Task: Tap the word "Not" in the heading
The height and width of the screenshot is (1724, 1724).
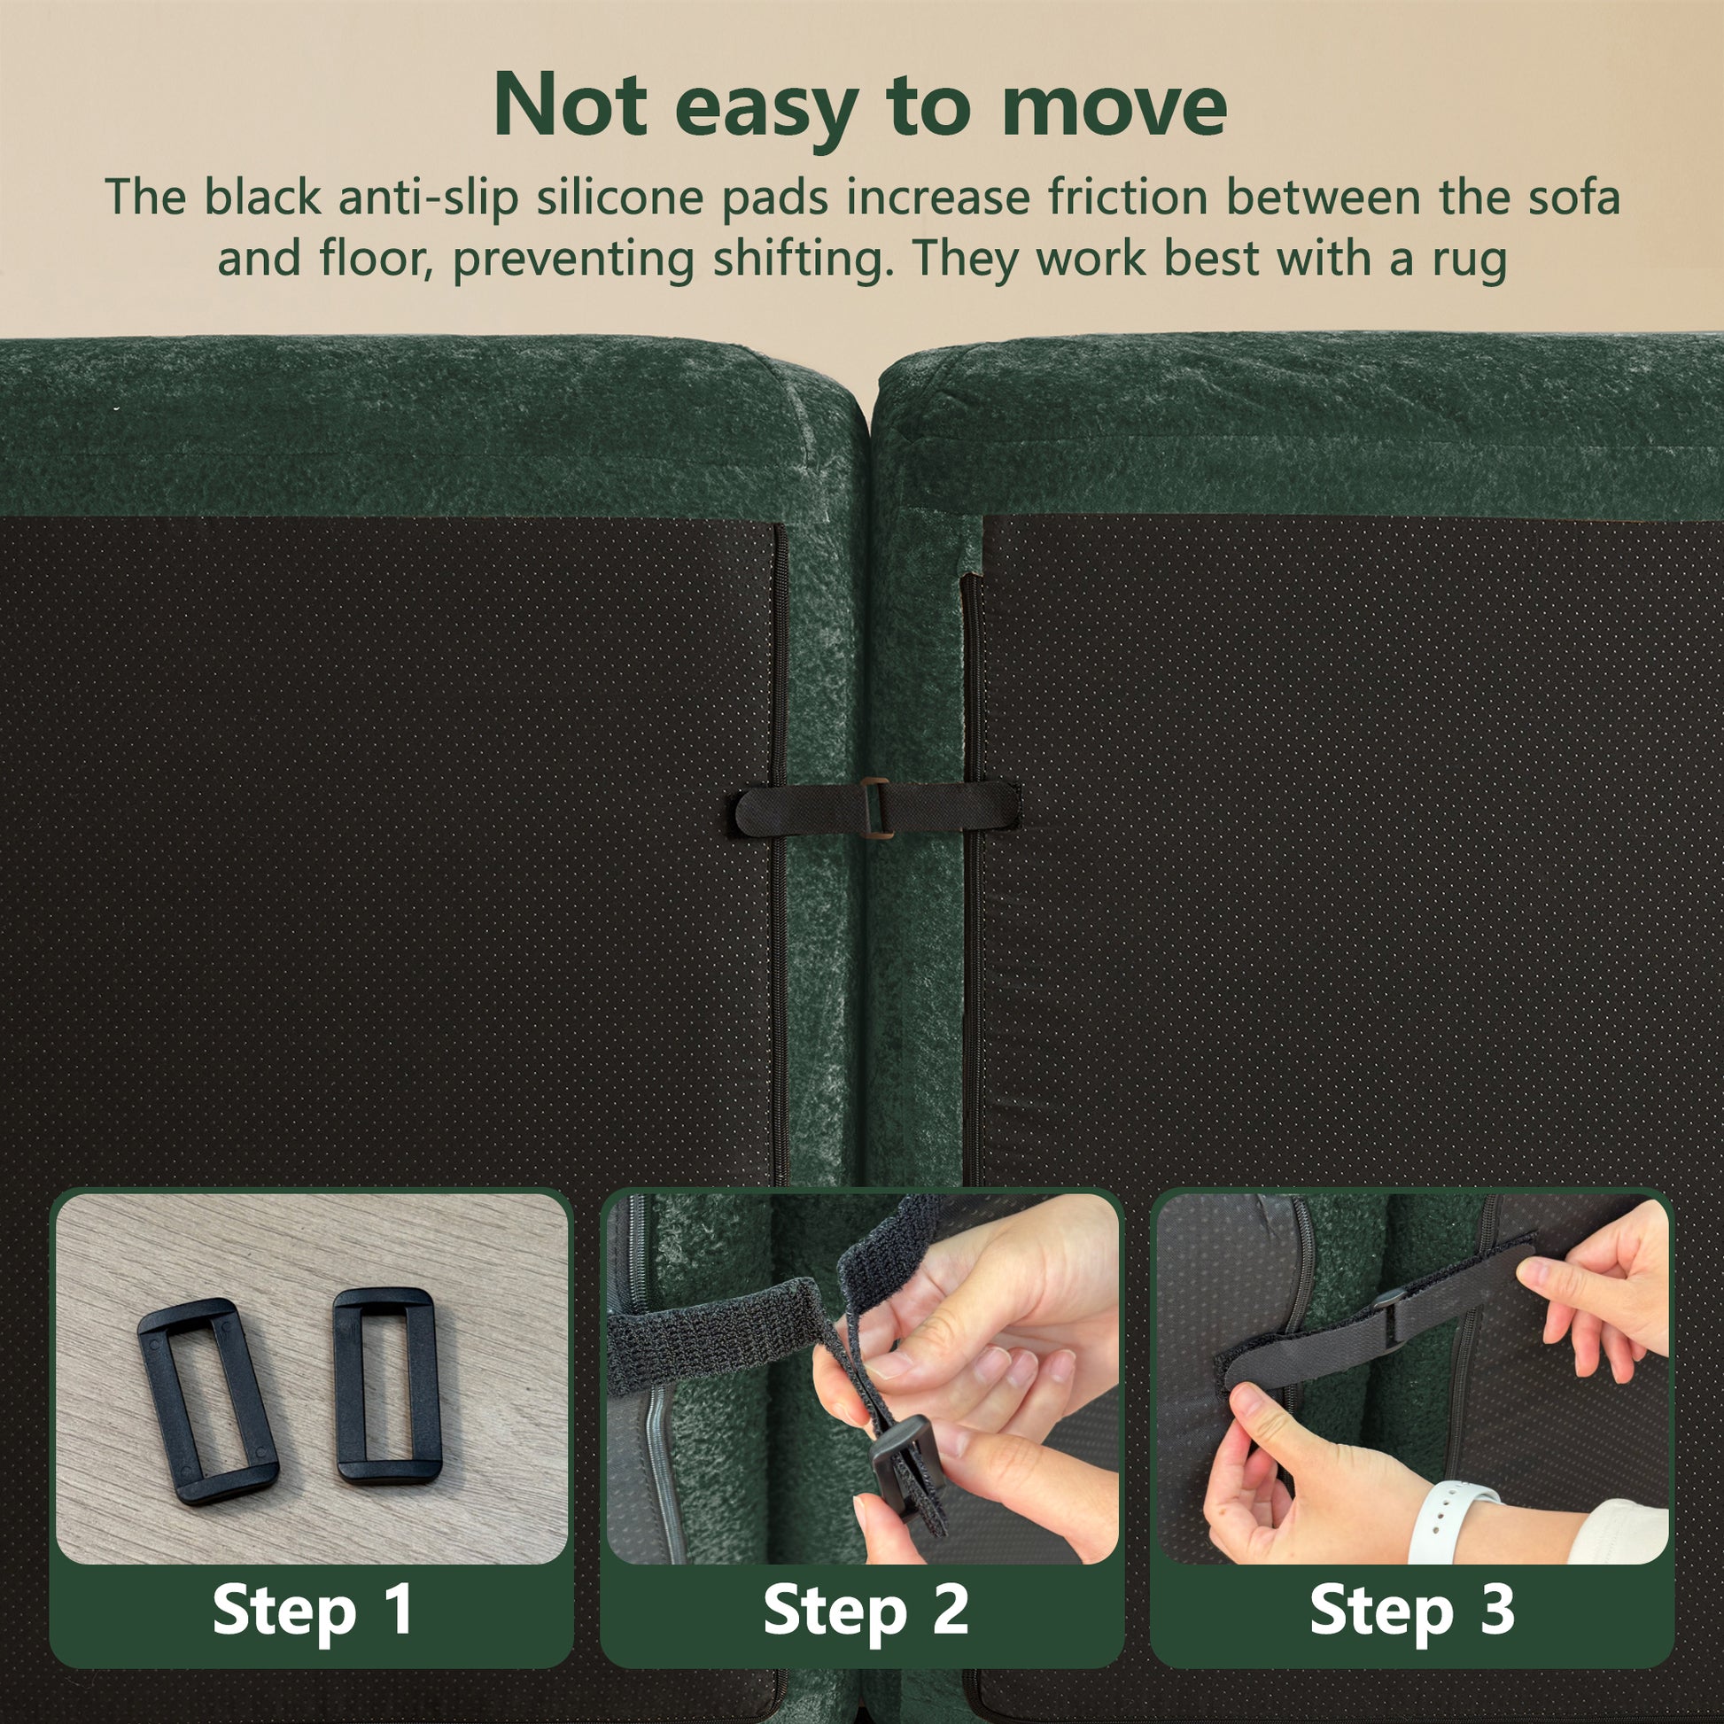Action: (x=571, y=105)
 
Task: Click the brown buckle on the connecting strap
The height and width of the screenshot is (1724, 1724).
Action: (x=875, y=809)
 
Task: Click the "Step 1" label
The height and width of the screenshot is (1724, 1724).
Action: (x=314, y=1609)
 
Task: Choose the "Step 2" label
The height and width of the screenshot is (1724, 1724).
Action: (x=866, y=1609)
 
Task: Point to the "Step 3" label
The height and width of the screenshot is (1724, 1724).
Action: (x=1412, y=1609)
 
